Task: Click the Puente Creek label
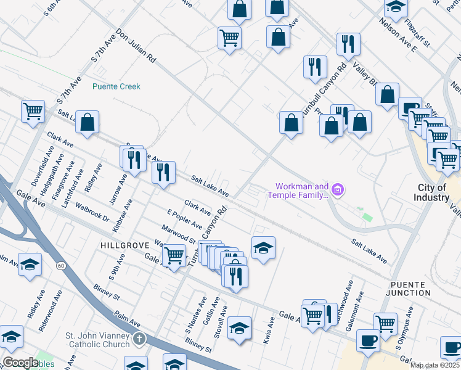coord(116,86)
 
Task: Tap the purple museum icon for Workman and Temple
coord(337,191)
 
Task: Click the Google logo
coord(20,363)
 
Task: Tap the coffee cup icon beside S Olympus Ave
coord(369,340)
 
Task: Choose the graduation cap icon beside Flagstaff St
coord(395,7)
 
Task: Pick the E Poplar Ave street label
coord(185,219)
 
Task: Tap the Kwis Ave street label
coord(268,331)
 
